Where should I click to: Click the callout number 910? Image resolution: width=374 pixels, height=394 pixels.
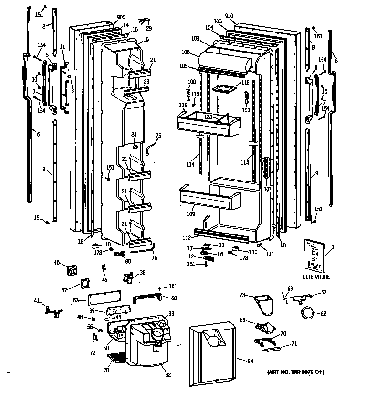[229, 16]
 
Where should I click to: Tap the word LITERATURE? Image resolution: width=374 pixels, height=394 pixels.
[316, 277]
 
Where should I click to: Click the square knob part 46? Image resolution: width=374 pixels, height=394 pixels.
[73, 271]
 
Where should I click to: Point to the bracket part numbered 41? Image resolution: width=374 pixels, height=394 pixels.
[52, 310]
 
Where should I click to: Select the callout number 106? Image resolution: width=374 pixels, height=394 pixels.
[186, 53]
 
